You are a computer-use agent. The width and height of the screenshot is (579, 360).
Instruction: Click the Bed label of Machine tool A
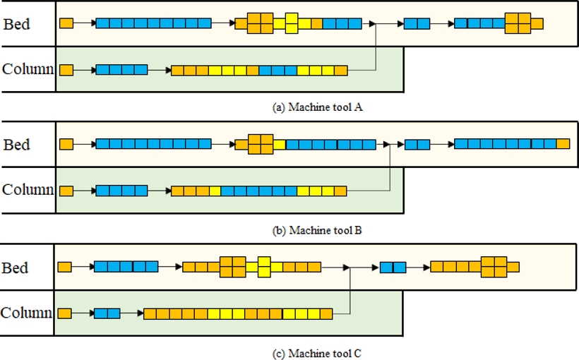[x=17, y=24]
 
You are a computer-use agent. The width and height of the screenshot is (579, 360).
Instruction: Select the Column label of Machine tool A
[x=28, y=69]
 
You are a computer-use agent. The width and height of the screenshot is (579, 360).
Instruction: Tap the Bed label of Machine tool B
[x=17, y=145]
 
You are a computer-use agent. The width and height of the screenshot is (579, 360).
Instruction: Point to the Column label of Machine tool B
[x=28, y=190]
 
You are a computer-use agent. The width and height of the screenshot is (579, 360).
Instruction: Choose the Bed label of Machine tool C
[x=16, y=268]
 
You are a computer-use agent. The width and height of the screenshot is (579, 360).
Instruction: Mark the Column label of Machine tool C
[x=27, y=313]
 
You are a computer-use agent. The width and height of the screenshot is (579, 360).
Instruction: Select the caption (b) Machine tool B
[x=317, y=230]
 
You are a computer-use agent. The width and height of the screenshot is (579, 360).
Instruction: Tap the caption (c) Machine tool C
[x=316, y=352]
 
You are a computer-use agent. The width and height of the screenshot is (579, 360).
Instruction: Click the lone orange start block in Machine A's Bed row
[x=66, y=23]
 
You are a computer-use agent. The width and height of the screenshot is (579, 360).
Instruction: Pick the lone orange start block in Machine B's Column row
[x=66, y=191]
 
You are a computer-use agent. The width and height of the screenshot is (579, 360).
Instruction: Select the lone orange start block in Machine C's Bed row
[x=64, y=267]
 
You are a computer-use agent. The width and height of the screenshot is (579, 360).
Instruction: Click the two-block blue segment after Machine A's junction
[x=417, y=23]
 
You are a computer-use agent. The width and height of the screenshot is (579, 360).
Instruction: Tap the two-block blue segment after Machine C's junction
[x=393, y=268]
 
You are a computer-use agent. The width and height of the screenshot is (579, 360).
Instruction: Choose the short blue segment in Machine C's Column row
[x=107, y=313]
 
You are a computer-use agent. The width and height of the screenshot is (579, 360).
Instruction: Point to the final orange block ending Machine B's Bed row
[x=563, y=144]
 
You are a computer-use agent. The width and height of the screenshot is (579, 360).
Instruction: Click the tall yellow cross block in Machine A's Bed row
[x=292, y=23]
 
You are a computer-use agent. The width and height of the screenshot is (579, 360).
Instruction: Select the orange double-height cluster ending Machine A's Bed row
[x=518, y=23]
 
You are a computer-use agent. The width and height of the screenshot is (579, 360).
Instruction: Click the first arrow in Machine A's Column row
[x=84, y=70]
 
